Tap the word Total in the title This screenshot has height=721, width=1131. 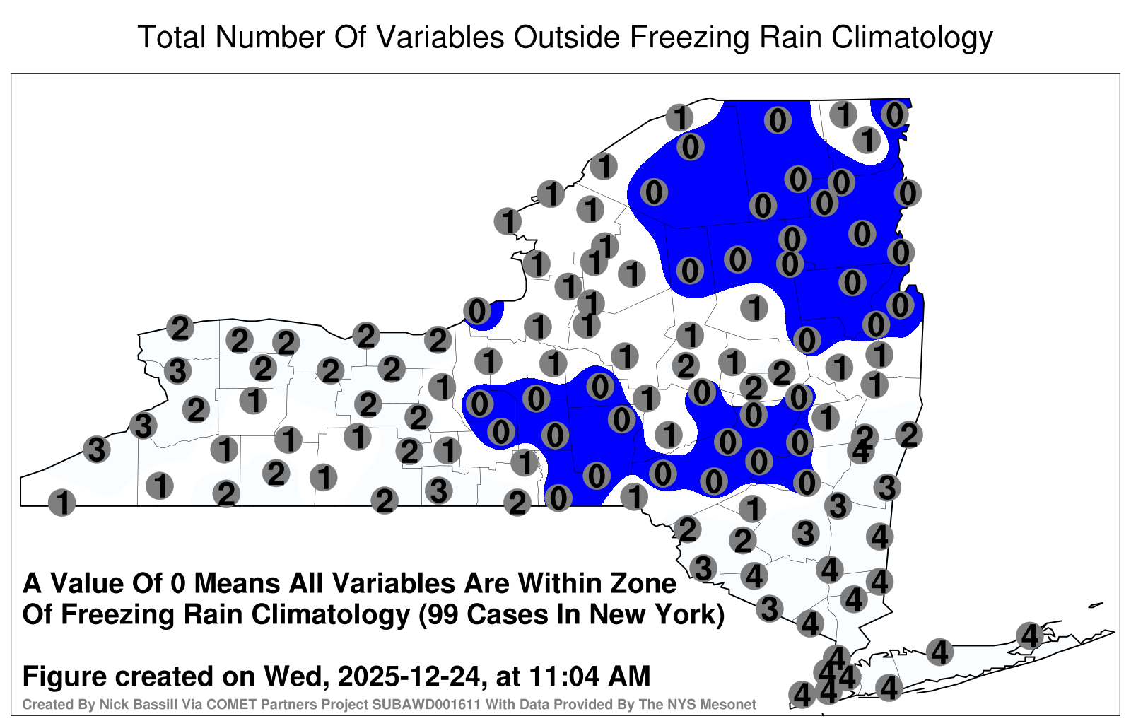172,37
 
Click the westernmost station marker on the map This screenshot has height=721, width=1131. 61,503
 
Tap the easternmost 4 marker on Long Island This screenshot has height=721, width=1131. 1029,635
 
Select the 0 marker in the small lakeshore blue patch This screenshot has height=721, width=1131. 477,311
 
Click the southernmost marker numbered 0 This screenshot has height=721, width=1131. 558,498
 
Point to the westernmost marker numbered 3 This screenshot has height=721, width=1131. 96,449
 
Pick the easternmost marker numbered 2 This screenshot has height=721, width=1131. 909,435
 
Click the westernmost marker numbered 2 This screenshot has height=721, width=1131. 180,328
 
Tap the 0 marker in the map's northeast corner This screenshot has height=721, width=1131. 895,115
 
